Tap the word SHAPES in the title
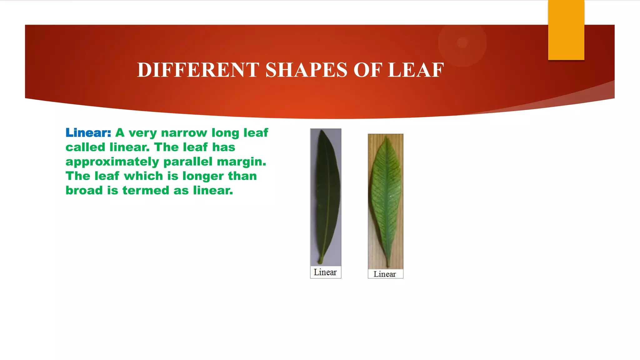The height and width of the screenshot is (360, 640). pyautogui.click(x=306, y=70)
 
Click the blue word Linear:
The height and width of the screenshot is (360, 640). pyautogui.click(x=88, y=133)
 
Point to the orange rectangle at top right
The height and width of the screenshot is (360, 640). pyautogui.click(x=566, y=30)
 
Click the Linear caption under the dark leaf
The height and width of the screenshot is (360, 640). pyautogui.click(x=325, y=272)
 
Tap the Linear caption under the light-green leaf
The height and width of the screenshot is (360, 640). pyautogui.click(x=385, y=274)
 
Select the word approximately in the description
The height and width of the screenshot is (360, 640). pyautogui.click(x=112, y=162)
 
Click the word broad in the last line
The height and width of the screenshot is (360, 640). pyautogui.click(x=84, y=190)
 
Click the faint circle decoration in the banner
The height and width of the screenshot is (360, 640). pyautogui.click(x=462, y=42)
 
